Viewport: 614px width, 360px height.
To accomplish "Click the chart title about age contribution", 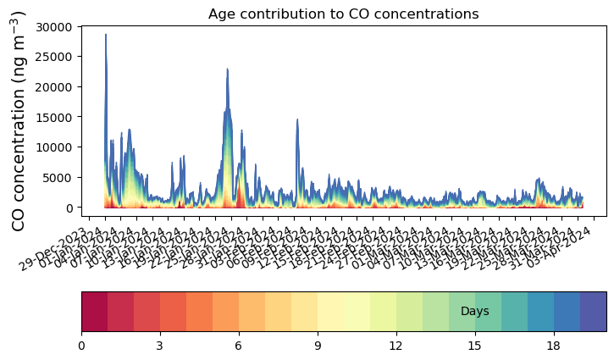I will pos(343,14).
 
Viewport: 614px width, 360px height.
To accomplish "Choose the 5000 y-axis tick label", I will pos(59,178).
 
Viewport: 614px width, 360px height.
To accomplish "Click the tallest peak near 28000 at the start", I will pos(106,36).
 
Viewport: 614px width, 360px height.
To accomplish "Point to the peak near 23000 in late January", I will pos(228,69).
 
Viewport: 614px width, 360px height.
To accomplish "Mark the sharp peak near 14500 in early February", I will pos(297,119).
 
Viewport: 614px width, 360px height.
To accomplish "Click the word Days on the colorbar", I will pos(475,312).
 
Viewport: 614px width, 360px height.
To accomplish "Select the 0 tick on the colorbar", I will pos(81,346).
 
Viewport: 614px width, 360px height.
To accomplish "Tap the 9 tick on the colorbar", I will pos(318,346).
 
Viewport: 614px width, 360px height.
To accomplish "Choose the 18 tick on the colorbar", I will pos(554,346).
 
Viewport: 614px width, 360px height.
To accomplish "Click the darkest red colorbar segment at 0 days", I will pos(94,312).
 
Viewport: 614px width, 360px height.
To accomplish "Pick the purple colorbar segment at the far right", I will pos(593,312).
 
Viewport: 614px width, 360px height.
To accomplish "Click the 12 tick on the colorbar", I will pos(396,346).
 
